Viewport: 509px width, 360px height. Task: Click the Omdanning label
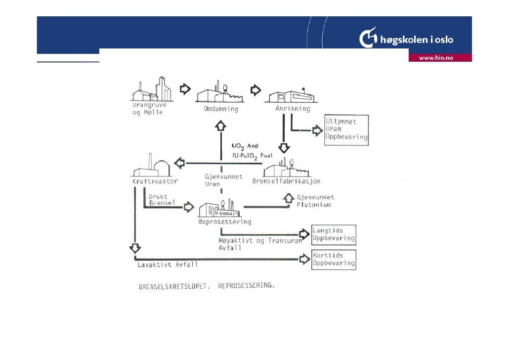pos(221,109)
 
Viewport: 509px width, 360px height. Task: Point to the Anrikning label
pos(294,109)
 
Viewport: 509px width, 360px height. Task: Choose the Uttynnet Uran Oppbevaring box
pos(346,130)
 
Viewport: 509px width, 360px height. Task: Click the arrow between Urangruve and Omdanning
pos(184,89)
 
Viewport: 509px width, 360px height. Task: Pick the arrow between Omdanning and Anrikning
pos(255,90)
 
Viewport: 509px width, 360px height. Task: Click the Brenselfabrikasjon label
pos(287,181)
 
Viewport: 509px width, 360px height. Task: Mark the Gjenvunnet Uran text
pos(223,180)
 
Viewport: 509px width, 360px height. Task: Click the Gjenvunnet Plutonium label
pos(315,201)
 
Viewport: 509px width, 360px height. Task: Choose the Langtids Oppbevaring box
pos(334,234)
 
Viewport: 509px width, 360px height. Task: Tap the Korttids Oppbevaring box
pos(334,259)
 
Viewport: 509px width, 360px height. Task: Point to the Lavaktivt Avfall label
pos(168,265)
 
